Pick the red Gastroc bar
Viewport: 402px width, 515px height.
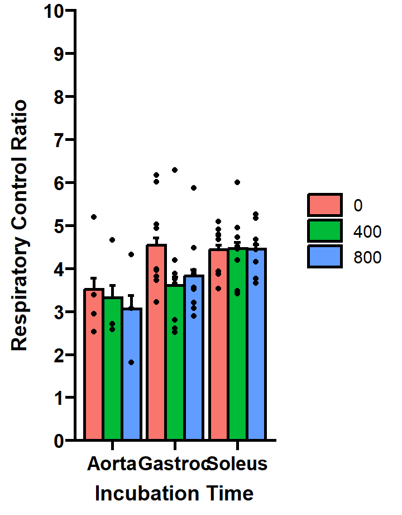pyautogui.click(x=156, y=347)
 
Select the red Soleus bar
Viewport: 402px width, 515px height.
pyautogui.click(x=219, y=347)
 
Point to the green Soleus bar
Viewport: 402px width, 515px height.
pyautogui.click(x=237, y=347)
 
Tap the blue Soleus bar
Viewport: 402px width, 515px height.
pyautogui.click(x=256, y=347)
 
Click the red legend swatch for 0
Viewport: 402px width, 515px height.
pyautogui.click(x=324, y=205)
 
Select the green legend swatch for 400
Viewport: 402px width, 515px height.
pyautogui.click(x=324, y=230)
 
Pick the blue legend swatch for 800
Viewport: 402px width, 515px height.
pyautogui.click(x=324, y=257)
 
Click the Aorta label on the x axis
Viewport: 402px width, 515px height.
pyautogui.click(x=112, y=464)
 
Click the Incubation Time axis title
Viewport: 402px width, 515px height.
pyautogui.click(x=174, y=494)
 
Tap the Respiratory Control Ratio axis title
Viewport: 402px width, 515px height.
pyautogui.click(x=20, y=225)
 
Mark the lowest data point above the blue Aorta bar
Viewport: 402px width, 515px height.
pyautogui.click(x=131, y=362)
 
